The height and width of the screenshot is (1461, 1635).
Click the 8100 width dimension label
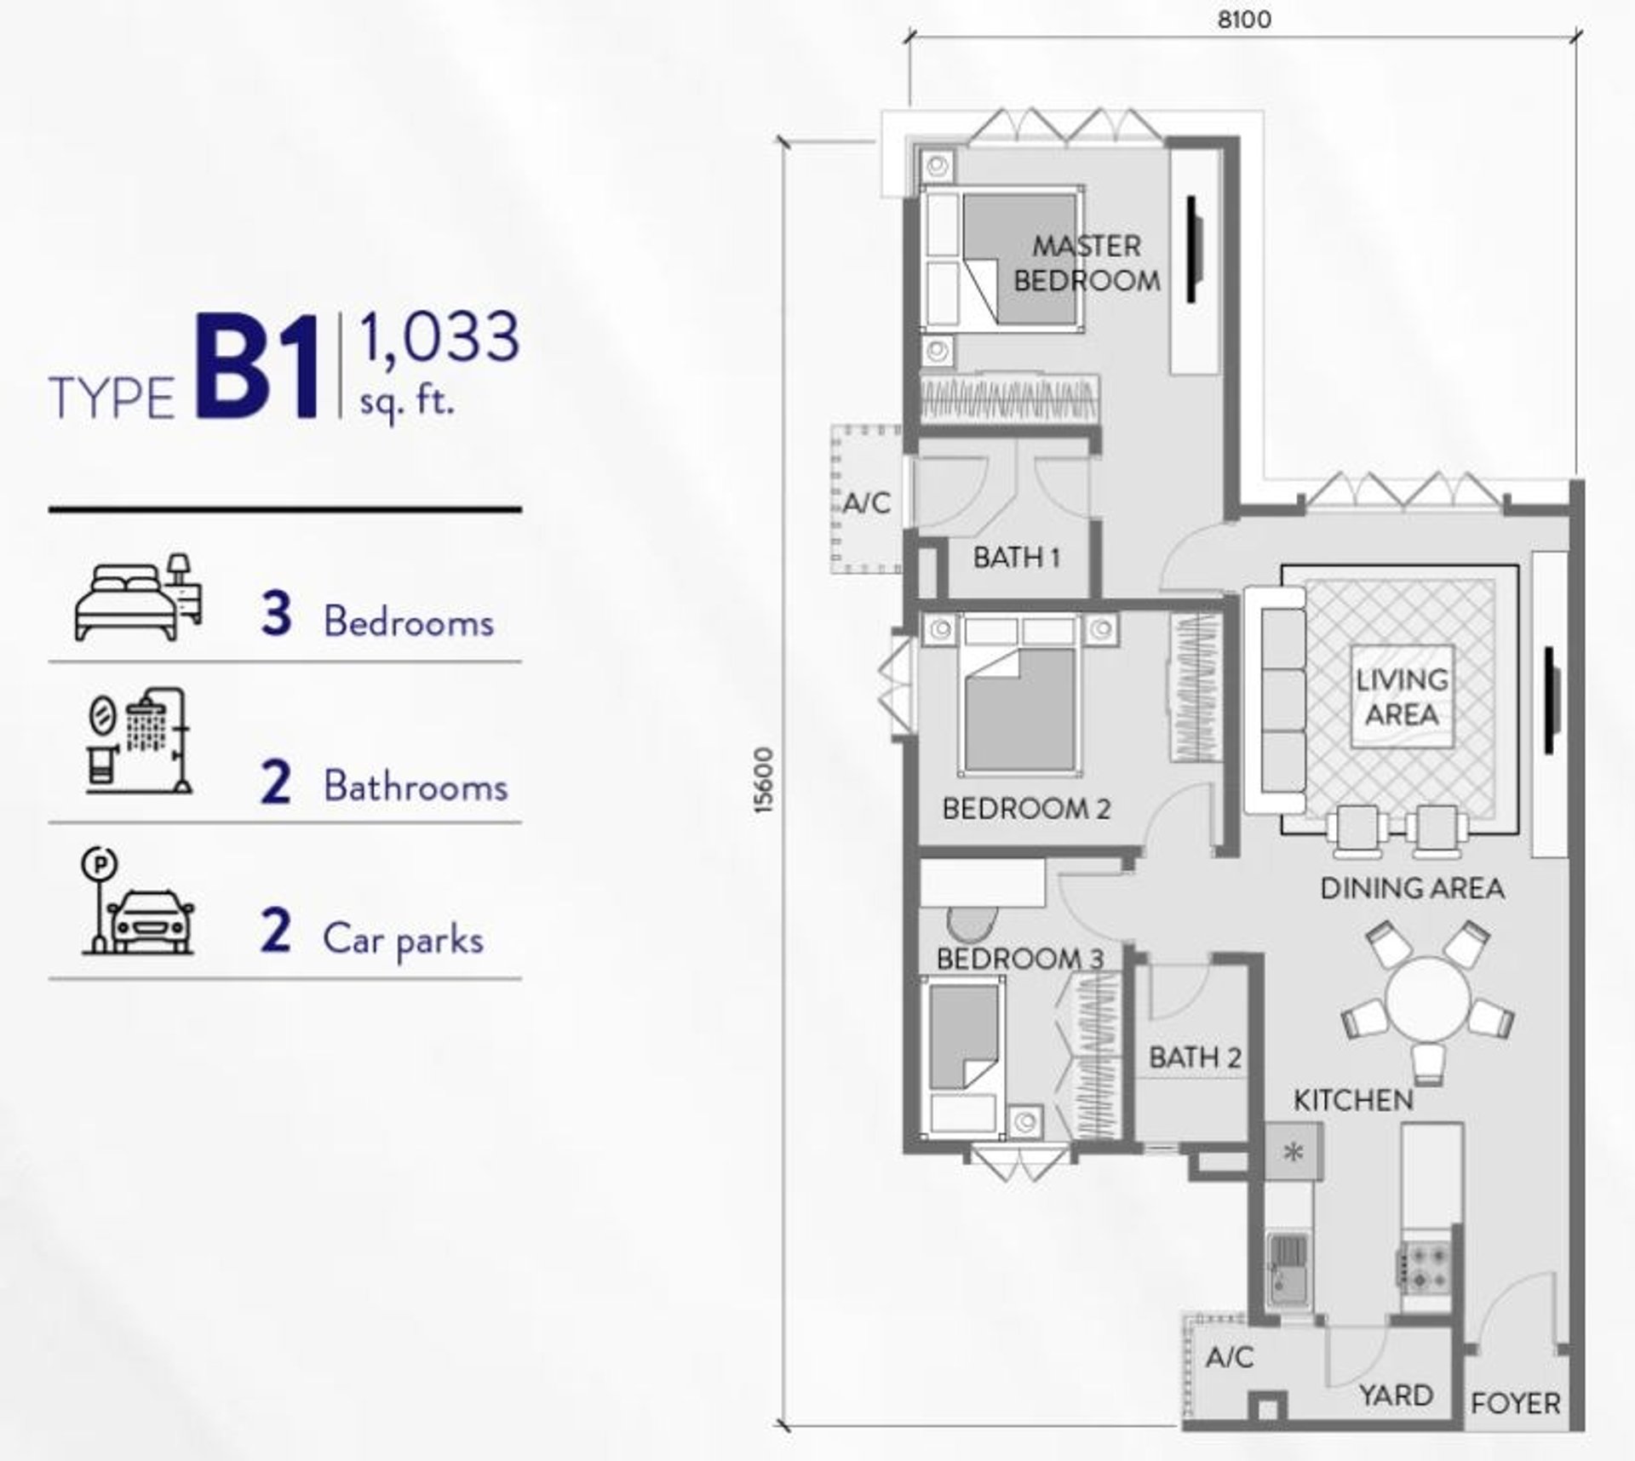(1244, 20)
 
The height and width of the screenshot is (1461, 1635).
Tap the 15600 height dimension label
(765, 780)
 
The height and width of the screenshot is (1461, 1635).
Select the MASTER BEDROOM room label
(1087, 263)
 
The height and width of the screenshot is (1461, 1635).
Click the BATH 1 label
(1016, 558)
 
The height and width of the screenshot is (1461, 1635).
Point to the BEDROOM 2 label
(1026, 808)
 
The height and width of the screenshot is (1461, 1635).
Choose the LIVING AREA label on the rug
(1402, 696)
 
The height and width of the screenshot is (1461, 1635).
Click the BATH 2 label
(1195, 1057)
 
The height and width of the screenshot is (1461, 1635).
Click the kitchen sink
(1288, 1269)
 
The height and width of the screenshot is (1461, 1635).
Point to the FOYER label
(1515, 1403)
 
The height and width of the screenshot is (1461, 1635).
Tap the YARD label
(1396, 1395)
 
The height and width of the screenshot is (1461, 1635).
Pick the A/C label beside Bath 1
(866, 503)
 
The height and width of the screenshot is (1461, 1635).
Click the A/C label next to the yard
(1230, 1356)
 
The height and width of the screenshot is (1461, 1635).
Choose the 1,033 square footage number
(439, 338)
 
